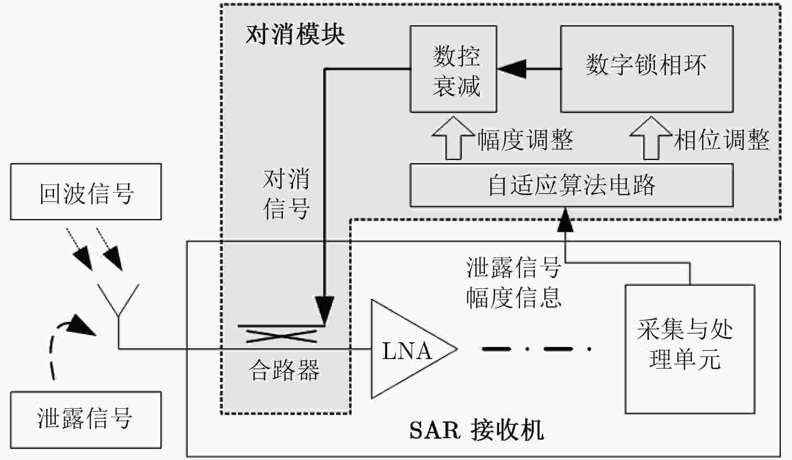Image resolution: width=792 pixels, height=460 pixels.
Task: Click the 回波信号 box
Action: click(x=85, y=191)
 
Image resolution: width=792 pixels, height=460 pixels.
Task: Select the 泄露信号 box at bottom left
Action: click(x=85, y=420)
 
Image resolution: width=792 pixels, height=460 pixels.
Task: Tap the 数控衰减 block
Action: click(x=453, y=69)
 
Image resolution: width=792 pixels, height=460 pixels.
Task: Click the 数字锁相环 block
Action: click(x=647, y=69)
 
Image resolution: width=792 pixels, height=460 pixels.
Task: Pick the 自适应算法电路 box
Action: click(x=572, y=185)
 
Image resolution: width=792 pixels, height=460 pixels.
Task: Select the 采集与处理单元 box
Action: click(x=690, y=349)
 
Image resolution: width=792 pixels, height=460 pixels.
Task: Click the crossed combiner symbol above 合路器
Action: click(x=281, y=336)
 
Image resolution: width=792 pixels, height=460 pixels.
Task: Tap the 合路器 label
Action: click(x=284, y=370)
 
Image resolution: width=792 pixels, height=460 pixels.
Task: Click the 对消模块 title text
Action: click(x=295, y=34)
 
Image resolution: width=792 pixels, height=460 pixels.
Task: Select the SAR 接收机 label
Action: click(x=476, y=430)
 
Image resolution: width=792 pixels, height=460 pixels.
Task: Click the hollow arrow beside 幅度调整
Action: click(x=453, y=138)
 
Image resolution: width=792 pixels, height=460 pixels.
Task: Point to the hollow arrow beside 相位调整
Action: click(x=651, y=138)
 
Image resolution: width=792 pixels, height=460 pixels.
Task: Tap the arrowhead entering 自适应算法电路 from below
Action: click(x=565, y=220)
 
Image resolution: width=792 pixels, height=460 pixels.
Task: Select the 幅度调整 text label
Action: click(x=525, y=140)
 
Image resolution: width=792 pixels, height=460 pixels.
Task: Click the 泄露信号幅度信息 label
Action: click(x=514, y=283)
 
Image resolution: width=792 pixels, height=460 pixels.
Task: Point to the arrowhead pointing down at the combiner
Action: click(x=325, y=310)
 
